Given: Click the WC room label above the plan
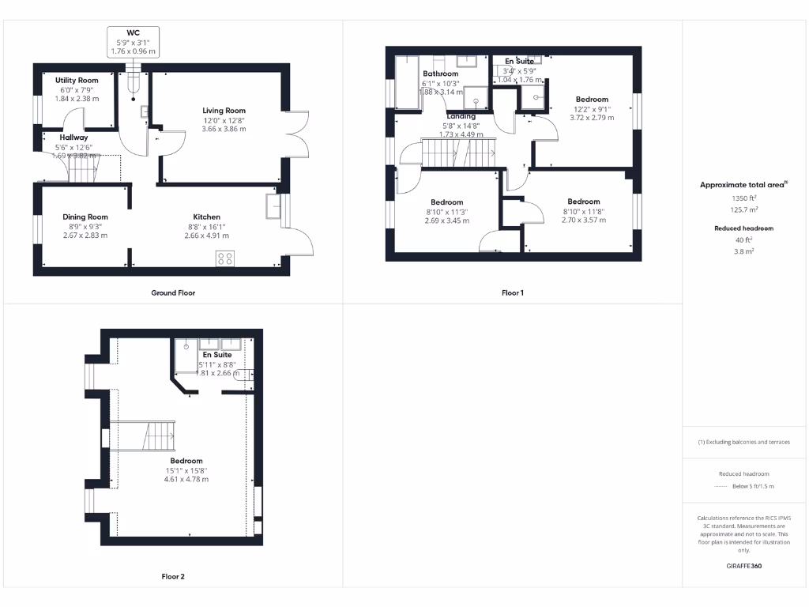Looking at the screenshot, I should pyautogui.click(x=134, y=32).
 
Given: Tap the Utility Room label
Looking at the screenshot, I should pyautogui.click(x=77, y=81).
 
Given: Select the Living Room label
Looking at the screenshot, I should pyautogui.click(x=224, y=111).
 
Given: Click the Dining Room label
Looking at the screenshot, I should pyautogui.click(x=85, y=217).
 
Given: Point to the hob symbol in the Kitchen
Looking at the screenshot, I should pyautogui.click(x=225, y=258).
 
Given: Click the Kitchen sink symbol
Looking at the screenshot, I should pyautogui.click(x=274, y=205).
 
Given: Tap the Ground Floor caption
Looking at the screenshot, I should pyautogui.click(x=173, y=292).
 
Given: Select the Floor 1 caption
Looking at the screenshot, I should pyautogui.click(x=513, y=292).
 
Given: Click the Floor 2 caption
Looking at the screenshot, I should pyautogui.click(x=173, y=576).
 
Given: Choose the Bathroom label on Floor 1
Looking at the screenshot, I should pyautogui.click(x=440, y=74).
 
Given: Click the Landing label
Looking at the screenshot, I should pyautogui.click(x=461, y=116).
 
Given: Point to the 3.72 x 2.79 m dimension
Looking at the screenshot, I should pyautogui.click(x=592, y=118).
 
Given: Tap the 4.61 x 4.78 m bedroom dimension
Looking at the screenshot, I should pyautogui.click(x=186, y=479).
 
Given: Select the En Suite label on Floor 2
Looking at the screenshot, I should pyautogui.click(x=216, y=355).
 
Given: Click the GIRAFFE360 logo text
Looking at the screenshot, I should pyautogui.click(x=743, y=566).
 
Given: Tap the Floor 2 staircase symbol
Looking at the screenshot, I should pyautogui.click(x=144, y=435).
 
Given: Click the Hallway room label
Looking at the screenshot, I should pyautogui.click(x=73, y=138).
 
